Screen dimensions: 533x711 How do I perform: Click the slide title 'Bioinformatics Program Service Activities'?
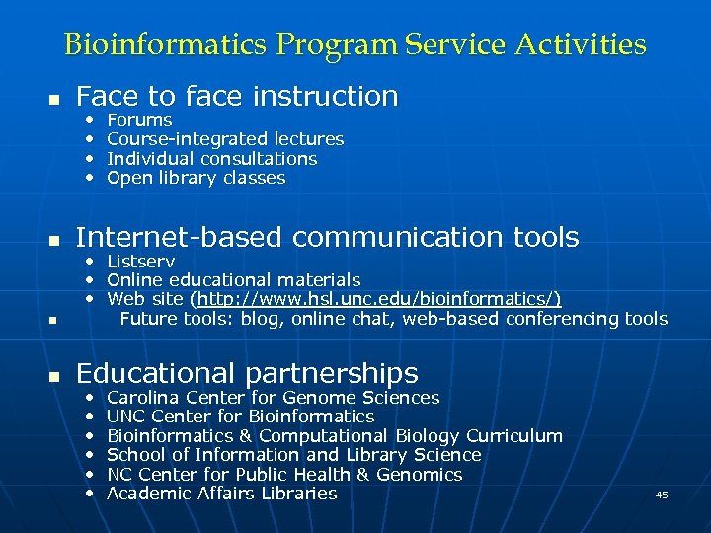click(x=355, y=44)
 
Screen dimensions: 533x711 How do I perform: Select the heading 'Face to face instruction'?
click(x=237, y=96)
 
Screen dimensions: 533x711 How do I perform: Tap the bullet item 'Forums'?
click(x=139, y=120)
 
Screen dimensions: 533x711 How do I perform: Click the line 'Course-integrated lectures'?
click(x=225, y=139)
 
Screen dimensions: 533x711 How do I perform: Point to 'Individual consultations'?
click(x=211, y=159)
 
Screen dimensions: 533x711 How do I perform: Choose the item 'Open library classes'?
click(x=196, y=178)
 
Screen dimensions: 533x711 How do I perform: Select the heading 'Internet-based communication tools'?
click(x=327, y=237)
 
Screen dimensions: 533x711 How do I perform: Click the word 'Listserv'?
click(x=140, y=262)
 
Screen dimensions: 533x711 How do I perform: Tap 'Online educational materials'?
click(x=233, y=280)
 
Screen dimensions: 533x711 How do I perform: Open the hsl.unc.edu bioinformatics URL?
click(x=378, y=299)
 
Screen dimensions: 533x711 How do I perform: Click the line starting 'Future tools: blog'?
click(x=393, y=319)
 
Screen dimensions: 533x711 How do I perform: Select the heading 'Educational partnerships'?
click(x=247, y=373)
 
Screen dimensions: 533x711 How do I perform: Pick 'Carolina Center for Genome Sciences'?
click(x=273, y=398)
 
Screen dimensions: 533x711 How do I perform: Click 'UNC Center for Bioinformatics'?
click(x=240, y=417)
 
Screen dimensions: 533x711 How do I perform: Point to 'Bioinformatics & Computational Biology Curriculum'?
click(x=334, y=436)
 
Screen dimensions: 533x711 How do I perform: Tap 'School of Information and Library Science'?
click(x=293, y=455)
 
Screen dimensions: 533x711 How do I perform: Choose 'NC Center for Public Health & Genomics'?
click(x=284, y=475)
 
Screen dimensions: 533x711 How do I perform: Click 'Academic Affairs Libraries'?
click(x=221, y=494)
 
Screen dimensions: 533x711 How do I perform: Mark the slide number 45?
click(x=662, y=495)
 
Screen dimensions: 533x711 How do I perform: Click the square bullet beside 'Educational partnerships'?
click(x=55, y=376)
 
